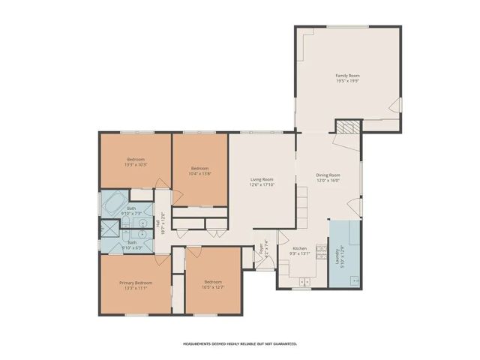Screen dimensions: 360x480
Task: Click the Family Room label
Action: [x=347, y=75]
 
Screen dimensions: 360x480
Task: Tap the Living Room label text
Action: [x=262, y=179]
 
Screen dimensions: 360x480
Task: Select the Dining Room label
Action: [x=328, y=175]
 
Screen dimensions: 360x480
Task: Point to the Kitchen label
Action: [x=299, y=248]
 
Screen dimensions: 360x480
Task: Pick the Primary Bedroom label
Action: [x=136, y=282]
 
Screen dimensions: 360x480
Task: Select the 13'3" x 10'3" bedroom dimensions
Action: [x=136, y=164]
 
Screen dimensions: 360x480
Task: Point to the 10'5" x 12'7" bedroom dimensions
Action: [x=213, y=287]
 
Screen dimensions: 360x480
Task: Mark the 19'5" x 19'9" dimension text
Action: [x=347, y=80]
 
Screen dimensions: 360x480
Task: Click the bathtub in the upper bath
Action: [x=115, y=203]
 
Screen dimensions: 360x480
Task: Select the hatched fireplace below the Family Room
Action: [x=346, y=127]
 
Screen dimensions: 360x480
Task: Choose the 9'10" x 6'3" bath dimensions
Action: [x=132, y=247]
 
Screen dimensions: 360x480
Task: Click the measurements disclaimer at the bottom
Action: [x=240, y=343]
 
